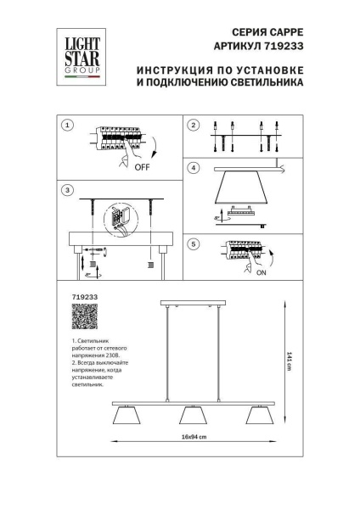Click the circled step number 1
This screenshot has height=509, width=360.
[x=67, y=126]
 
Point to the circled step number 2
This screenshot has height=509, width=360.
[x=193, y=126]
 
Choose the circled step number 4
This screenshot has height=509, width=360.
[x=193, y=168]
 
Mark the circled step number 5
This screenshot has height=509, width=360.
[x=193, y=245]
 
